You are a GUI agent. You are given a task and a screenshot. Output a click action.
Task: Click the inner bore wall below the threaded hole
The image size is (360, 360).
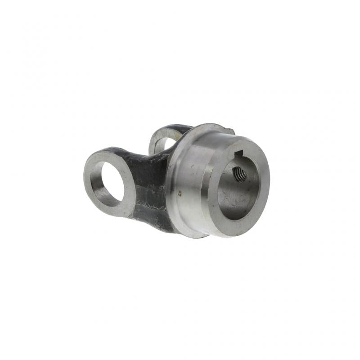pos(234,198)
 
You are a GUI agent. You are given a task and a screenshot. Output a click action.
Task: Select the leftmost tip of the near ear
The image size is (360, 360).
pos(84,173)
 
